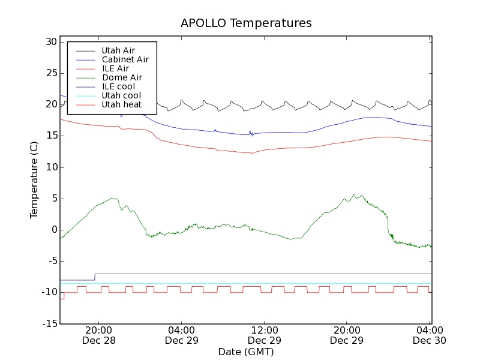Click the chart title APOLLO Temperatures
coord(246,23)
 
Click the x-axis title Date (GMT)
coord(246,352)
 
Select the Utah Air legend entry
coord(118,50)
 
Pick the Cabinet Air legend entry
coord(125,59)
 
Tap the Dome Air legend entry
coord(122,77)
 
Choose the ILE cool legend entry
coord(118,86)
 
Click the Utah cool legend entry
coord(121,95)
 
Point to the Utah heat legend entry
coord(121,104)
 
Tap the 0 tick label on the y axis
coord(53,230)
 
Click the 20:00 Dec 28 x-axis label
coord(98,335)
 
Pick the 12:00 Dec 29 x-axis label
coord(265,335)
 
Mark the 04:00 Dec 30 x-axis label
coord(430,335)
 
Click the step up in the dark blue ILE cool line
coord(94,277)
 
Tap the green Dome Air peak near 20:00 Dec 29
coord(354,195)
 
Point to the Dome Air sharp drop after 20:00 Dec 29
coord(388,225)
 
